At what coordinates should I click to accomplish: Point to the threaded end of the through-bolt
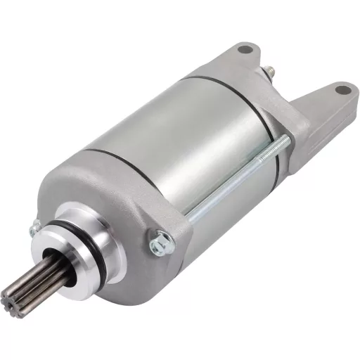281,144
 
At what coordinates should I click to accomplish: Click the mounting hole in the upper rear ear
244,50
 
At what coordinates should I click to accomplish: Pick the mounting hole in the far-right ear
342,90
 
